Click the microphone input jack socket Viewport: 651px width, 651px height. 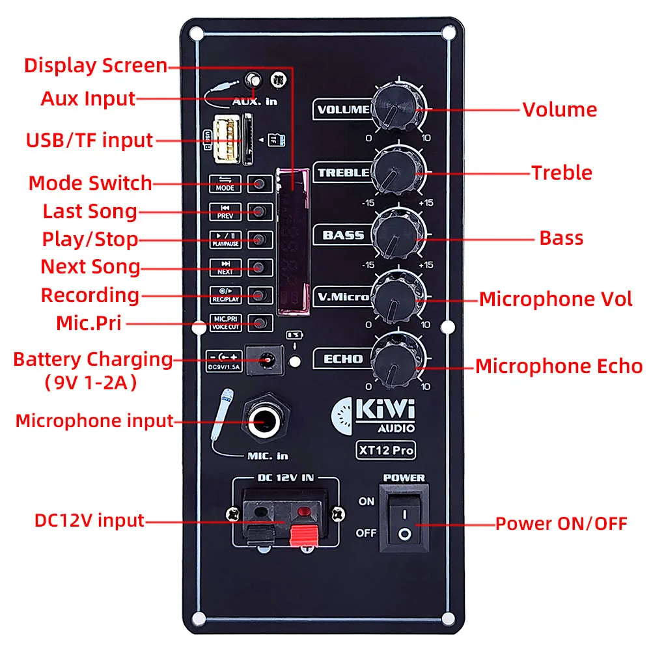264,421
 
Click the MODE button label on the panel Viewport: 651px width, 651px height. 225,184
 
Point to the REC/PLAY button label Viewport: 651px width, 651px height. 225,294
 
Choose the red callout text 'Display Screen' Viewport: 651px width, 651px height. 96,66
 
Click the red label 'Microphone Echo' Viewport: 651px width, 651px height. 559,366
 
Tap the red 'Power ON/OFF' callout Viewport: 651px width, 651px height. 561,523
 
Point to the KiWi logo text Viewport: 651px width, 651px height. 385,412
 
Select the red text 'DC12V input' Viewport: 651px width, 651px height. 89,521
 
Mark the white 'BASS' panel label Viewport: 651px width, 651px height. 343,235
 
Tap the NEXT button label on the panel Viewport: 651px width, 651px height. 225,267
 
